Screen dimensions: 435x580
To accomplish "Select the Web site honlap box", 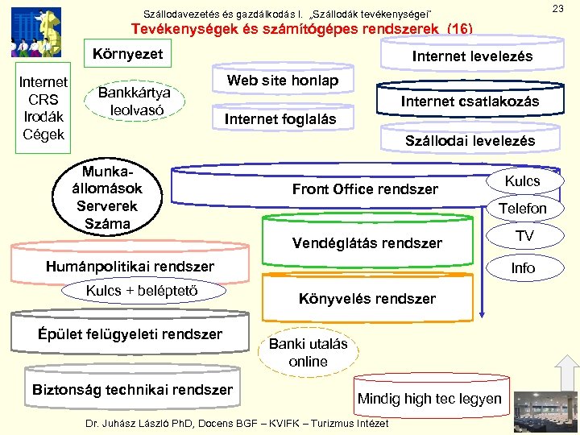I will (x=282, y=81).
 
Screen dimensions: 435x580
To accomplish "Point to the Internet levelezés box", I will (x=472, y=57).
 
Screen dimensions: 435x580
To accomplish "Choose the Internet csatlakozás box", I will (x=470, y=101).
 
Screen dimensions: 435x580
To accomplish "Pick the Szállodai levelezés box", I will (x=470, y=141).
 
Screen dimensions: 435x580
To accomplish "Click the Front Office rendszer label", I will (x=365, y=189).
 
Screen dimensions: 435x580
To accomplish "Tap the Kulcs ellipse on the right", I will (x=522, y=181).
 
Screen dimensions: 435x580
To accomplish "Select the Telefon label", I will (x=522, y=209).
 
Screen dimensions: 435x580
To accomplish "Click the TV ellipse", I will (x=524, y=236).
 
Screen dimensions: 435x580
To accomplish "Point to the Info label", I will (x=523, y=267).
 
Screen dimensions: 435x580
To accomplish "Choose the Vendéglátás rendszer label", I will (x=367, y=242).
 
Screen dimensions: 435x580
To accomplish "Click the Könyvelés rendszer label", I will (x=367, y=299).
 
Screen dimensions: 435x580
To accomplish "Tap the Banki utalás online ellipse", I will (x=308, y=353).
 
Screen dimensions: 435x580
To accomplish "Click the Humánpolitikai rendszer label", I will (x=130, y=266).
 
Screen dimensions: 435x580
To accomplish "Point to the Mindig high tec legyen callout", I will (x=429, y=398).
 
